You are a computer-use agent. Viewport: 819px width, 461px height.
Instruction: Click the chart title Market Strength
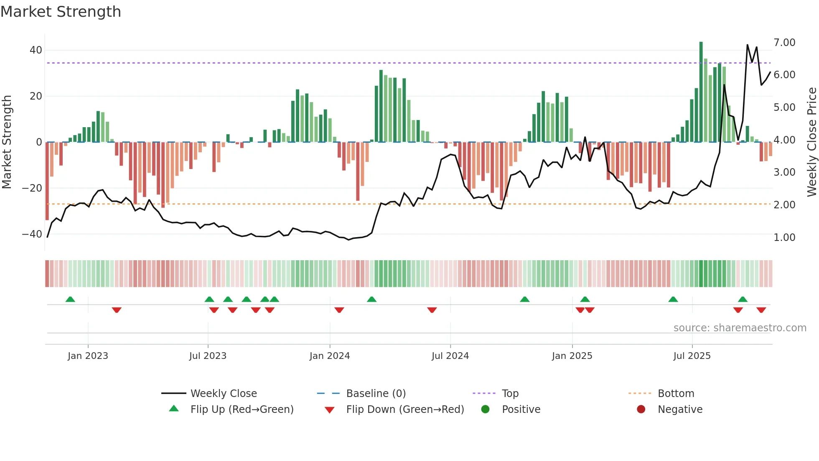pyautogui.click(x=61, y=12)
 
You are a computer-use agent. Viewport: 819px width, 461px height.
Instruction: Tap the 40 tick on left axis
pyautogui.click(x=36, y=50)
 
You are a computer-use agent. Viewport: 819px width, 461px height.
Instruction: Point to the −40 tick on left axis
pyautogui.click(x=32, y=234)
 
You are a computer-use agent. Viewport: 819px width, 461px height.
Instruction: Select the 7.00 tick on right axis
pyautogui.click(x=784, y=43)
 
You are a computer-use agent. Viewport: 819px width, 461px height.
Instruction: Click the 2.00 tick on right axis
pyautogui.click(x=784, y=205)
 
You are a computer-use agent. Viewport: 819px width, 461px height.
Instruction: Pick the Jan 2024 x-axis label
pyautogui.click(x=329, y=356)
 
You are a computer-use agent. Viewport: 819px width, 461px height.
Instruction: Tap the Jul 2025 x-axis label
pyautogui.click(x=692, y=356)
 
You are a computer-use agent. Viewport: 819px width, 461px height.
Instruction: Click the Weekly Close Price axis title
pyautogui.click(x=811, y=142)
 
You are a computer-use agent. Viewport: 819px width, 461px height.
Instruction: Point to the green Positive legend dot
pyautogui.click(x=485, y=409)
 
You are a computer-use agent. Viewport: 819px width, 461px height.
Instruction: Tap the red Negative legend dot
pyautogui.click(x=641, y=409)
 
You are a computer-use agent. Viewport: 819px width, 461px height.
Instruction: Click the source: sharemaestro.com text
pyautogui.click(x=740, y=328)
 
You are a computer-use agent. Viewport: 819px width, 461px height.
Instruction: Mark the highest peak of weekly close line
pyautogui.click(x=747, y=45)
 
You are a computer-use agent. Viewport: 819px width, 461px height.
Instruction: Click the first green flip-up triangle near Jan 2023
pyautogui.click(x=70, y=300)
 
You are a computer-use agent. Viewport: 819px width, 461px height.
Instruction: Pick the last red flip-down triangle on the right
pyautogui.click(x=761, y=310)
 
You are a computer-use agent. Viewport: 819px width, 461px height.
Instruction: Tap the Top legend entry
pyautogui.click(x=510, y=394)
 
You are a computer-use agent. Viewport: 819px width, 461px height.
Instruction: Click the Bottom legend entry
pyautogui.click(x=675, y=394)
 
